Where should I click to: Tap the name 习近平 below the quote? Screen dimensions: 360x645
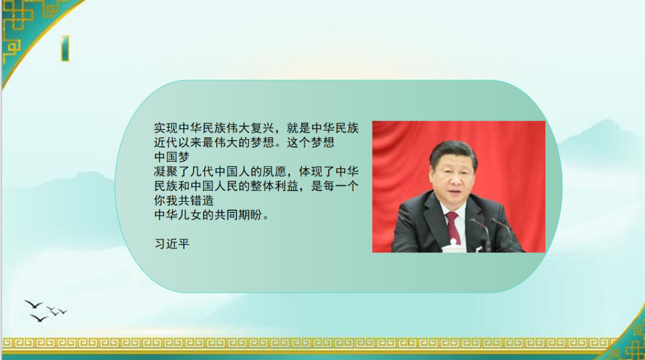[x=171, y=244]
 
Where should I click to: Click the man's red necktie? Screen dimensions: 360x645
[x=453, y=226]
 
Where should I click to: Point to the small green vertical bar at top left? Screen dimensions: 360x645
[x=64, y=48]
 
